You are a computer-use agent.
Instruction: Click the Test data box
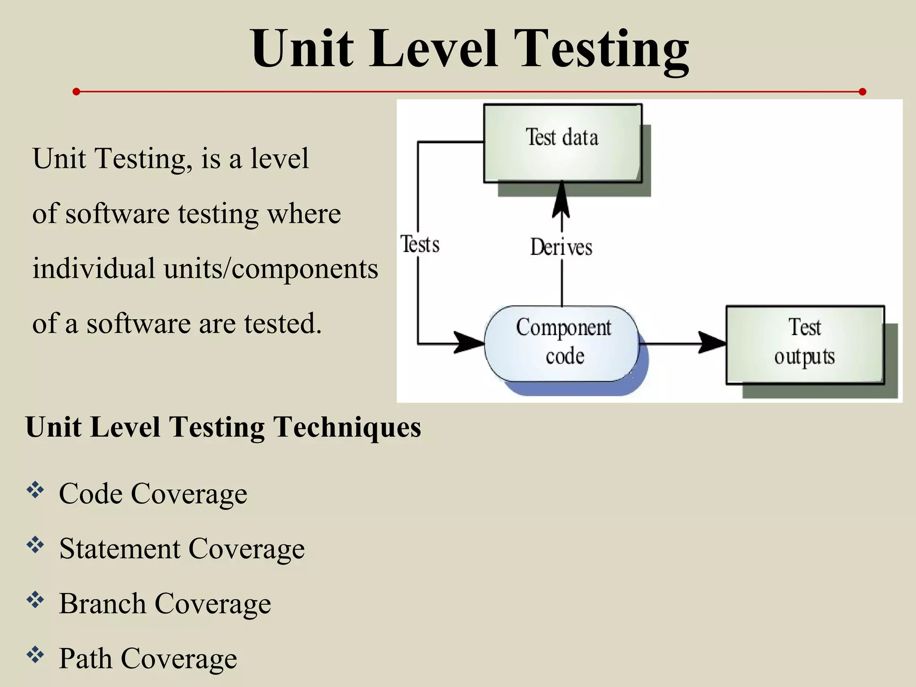click(x=563, y=143)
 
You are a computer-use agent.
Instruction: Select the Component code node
click(x=562, y=343)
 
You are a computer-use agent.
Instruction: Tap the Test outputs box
click(x=805, y=344)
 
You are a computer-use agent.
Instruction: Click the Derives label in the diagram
click(x=561, y=247)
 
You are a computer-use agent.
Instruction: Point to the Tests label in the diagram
click(x=420, y=245)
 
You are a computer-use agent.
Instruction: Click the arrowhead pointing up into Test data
click(x=561, y=199)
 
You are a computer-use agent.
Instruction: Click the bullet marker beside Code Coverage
click(x=35, y=490)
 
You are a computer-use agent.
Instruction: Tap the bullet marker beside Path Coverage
click(x=35, y=655)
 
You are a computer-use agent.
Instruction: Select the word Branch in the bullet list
click(x=102, y=604)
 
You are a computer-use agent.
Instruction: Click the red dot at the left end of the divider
click(x=76, y=92)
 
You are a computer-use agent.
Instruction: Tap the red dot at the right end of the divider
click(x=862, y=92)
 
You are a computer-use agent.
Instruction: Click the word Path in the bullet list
click(x=85, y=658)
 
